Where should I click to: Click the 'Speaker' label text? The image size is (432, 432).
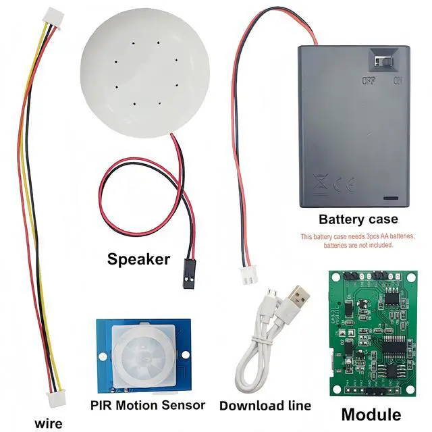[138, 259]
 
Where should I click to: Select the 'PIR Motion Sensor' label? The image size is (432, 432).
[147, 405]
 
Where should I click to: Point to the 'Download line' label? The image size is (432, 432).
[265, 406]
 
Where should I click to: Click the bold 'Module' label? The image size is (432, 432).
[371, 414]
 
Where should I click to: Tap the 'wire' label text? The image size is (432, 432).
[48, 423]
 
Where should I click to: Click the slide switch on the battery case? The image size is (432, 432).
[383, 62]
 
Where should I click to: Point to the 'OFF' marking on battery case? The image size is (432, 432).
[368, 81]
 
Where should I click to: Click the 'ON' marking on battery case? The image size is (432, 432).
[398, 81]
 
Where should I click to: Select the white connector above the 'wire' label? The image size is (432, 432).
[53, 398]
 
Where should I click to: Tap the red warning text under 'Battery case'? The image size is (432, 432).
[357, 241]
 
